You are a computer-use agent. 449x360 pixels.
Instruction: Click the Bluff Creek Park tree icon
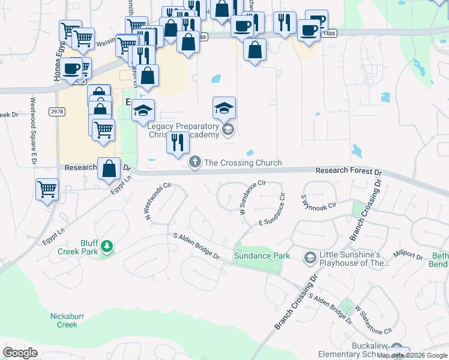[x=106, y=245]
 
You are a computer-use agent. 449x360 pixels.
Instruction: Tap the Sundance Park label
[x=262, y=256]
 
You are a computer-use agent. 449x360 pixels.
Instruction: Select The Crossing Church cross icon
[x=194, y=162]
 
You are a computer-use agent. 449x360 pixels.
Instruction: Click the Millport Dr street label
[x=408, y=254]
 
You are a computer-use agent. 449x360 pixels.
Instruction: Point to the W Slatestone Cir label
[x=373, y=320]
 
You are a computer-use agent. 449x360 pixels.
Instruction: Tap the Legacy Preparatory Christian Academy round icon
[x=227, y=129]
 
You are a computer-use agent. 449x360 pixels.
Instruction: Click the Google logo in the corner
[x=20, y=353]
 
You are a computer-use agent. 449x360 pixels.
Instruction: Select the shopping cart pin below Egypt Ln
[x=47, y=189]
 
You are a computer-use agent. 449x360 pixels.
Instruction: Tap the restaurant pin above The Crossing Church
[x=178, y=143]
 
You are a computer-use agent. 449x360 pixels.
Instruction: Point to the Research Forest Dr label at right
[x=349, y=171]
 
